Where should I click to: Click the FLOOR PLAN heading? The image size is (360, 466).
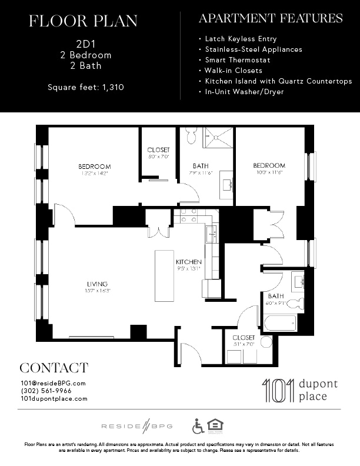click(x=83, y=22)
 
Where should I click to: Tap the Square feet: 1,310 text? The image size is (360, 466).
click(x=86, y=88)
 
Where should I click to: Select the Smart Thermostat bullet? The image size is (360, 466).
click(x=238, y=60)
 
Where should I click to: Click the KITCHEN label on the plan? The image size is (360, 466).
click(x=189, y=262)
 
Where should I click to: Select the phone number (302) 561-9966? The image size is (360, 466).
click(x=46, y=391)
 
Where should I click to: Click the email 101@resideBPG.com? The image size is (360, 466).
click(x=53, y=383)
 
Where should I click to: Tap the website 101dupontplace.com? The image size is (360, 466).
click(x=54, y=398)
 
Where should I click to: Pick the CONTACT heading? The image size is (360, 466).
click(x=54, y=368)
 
